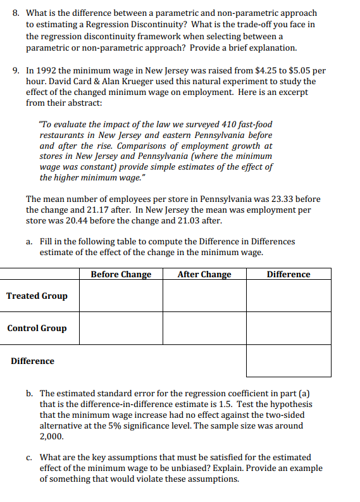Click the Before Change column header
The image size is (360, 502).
[121, 274]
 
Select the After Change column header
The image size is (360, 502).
[204, 274]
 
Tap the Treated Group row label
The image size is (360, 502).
[37, 296]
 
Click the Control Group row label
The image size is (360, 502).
[37, 328]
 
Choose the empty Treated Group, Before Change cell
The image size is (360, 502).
[121, 296]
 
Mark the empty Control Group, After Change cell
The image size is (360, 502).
[204, 328]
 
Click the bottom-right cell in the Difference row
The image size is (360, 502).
[289, 361]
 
